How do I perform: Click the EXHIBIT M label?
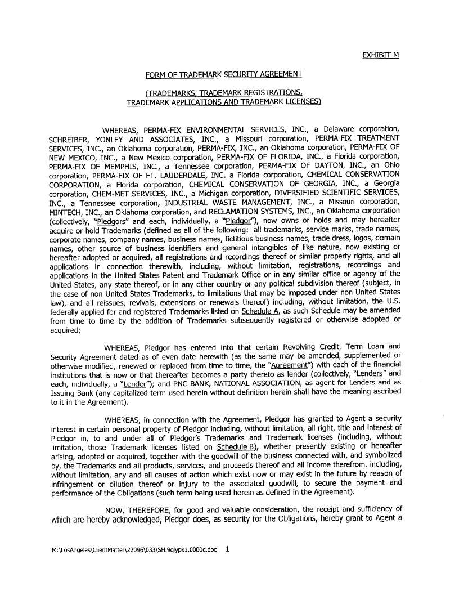coord(380,55)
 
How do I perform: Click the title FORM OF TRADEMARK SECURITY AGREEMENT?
coord(224,74)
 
